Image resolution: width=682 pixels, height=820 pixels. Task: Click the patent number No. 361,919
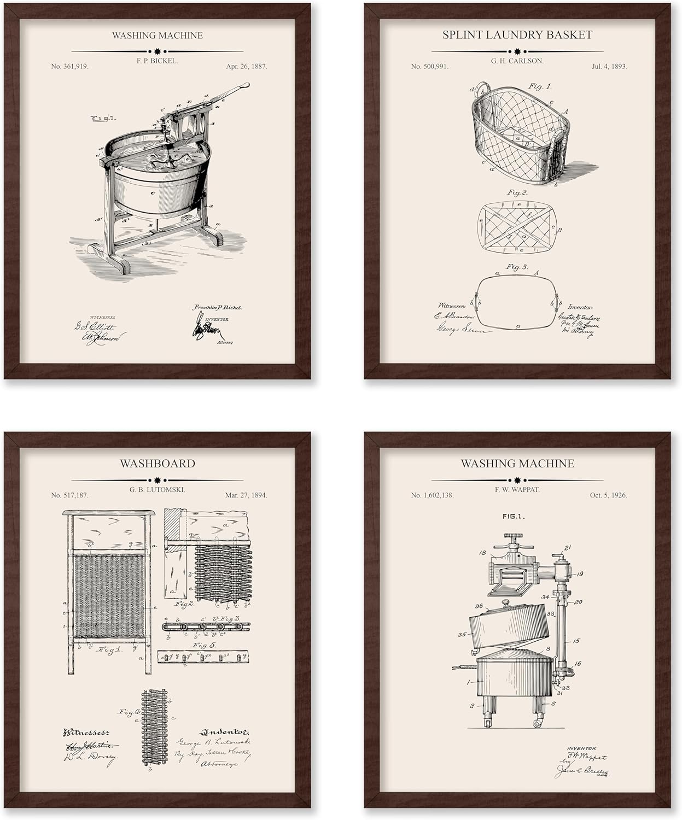click(x=69, y=66)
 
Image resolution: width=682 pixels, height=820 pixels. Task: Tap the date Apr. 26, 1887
click(x=246, y=66)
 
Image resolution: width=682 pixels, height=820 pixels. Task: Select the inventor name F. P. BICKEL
click(x=157, y=61)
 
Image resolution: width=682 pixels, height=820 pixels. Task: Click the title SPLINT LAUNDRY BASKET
click(x=517, y=35)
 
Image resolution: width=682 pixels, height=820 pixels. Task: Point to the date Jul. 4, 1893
click(x=609, y=66)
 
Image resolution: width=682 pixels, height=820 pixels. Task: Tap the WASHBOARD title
click(x=157, y=464)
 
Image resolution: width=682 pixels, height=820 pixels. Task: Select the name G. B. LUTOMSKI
click(x=157, y=490)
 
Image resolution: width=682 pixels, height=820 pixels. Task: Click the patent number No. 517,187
click(x=69, y=495)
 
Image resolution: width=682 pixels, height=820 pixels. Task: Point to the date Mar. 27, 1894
click(x=246, y=495)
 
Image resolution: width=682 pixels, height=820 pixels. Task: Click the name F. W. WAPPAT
click(x=517, y=490)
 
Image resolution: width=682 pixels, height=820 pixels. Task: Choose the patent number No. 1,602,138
click(x=432, y=495)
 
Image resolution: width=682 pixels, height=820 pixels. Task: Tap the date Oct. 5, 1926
click(x=608, y=495)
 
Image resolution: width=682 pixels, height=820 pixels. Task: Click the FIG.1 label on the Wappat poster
click(x=513, y=516)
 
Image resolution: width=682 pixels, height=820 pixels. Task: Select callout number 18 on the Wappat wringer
click(x=482, y=553)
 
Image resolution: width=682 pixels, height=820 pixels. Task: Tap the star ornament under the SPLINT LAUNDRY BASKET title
click(x=517, y=51)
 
